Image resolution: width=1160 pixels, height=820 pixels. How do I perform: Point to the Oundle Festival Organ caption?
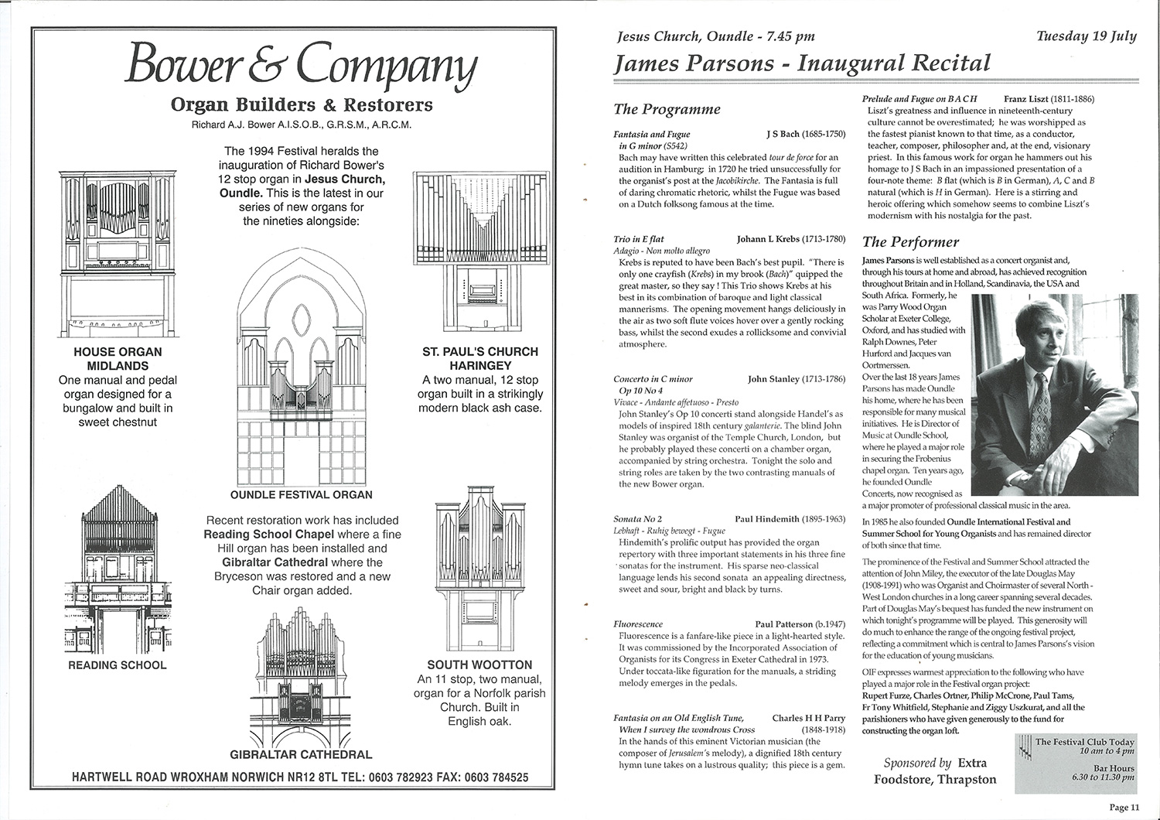pos(301,494)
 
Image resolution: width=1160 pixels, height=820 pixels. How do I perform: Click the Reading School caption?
pos(117,665)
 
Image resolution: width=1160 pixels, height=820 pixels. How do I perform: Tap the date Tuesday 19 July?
pos(1086,36)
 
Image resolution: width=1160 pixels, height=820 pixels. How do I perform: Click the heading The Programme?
pos(667,109)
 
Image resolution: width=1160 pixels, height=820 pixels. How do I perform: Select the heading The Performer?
pos(910,242)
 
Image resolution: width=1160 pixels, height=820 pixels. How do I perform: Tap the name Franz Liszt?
pos(1031,99)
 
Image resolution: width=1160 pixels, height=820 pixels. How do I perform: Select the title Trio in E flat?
pos(639,240)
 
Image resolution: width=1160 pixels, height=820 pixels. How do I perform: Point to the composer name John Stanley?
pos(774,379)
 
